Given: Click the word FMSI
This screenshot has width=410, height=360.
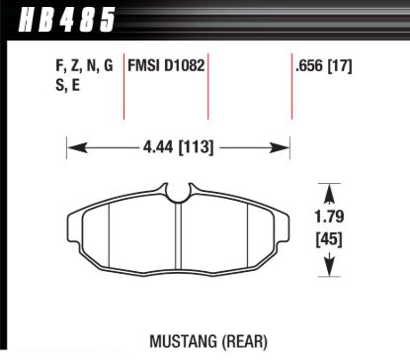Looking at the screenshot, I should [146, 67].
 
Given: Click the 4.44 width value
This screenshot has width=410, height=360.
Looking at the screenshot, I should [158, 149].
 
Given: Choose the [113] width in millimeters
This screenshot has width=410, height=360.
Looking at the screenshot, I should [198, 149].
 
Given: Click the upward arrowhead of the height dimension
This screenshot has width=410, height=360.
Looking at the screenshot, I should [329, 188].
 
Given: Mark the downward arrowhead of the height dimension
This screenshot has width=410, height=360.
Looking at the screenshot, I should [329, 268].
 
